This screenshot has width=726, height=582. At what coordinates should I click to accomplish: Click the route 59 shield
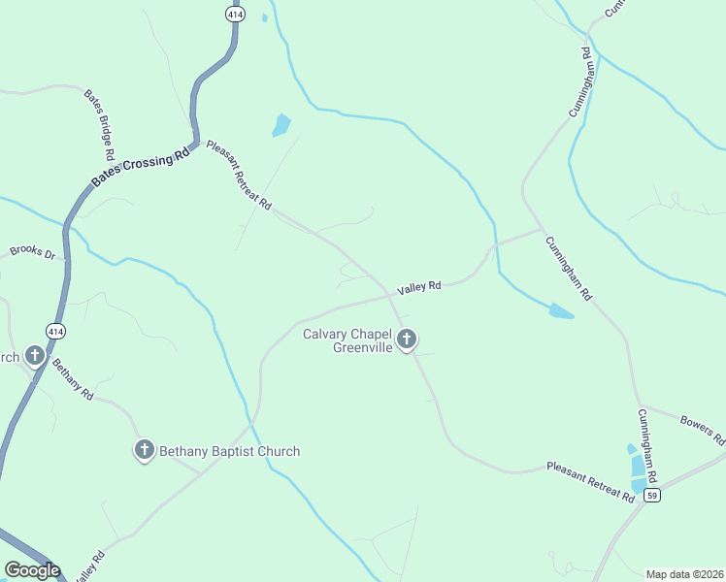click(653, 496)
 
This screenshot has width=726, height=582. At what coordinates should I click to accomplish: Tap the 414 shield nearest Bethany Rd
click(55, 331)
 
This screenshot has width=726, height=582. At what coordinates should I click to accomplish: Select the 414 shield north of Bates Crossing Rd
click(234, 14)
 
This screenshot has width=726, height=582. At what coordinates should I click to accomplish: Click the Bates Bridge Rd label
click(100, 125)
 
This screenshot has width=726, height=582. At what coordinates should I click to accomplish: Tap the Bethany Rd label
click(73, 381)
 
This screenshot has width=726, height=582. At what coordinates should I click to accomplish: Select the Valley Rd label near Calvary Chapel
click(419, 287)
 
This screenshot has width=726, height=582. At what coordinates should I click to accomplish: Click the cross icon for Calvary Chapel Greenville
click(408, 339)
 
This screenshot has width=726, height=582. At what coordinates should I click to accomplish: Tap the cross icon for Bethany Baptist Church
click(144, 449)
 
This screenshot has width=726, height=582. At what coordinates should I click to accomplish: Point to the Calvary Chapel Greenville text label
click(347, 340)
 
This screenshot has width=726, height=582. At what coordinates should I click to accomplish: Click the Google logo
click(32, 570)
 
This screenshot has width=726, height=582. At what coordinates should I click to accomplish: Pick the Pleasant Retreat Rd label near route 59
click(590, 481)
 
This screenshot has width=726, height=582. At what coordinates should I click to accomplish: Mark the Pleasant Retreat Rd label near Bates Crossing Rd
click(238, 175)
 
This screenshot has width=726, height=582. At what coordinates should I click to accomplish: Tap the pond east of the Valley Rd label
click(561, 311)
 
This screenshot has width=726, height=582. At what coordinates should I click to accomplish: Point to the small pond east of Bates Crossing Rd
click(281, 125)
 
